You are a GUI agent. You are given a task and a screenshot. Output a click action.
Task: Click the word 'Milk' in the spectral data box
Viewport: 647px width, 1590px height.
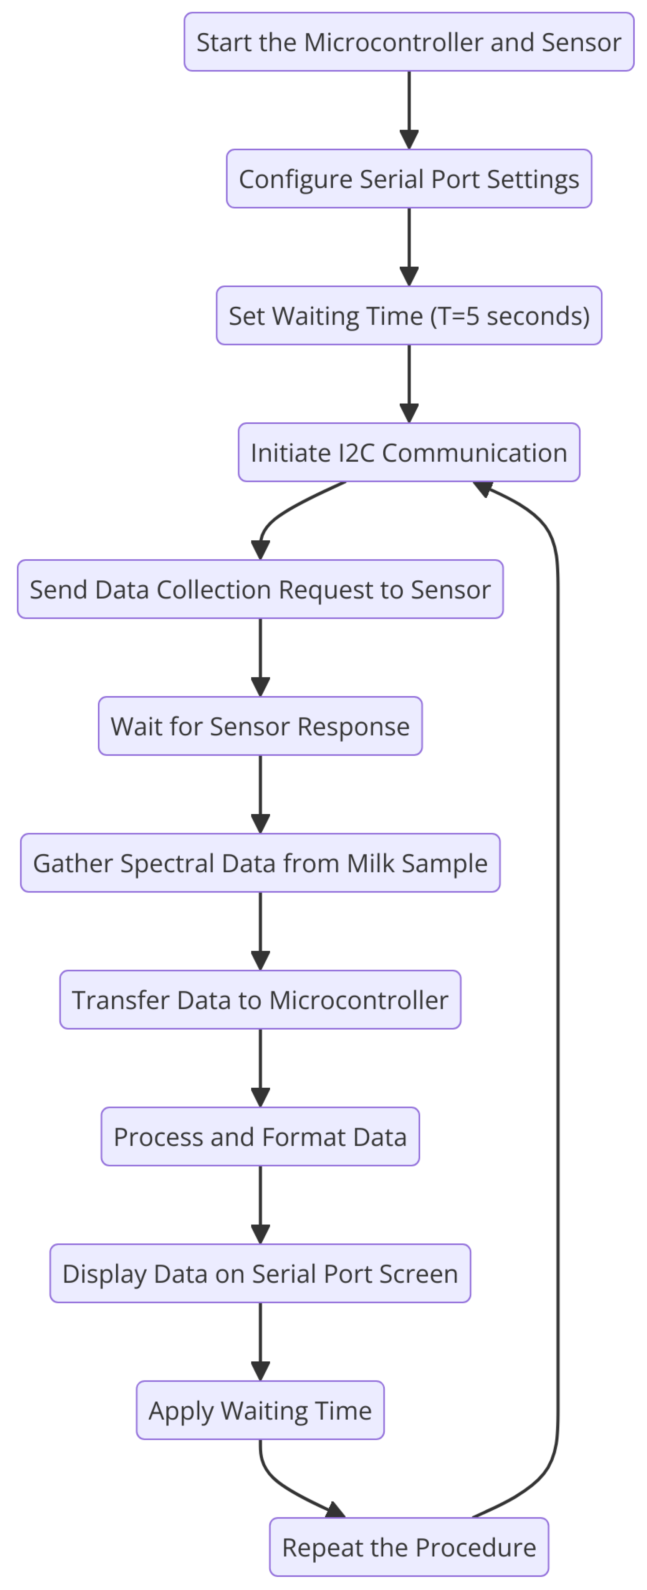point(371,863)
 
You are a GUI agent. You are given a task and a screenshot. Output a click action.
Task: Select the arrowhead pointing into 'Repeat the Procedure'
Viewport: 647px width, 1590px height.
point(335,1509)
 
